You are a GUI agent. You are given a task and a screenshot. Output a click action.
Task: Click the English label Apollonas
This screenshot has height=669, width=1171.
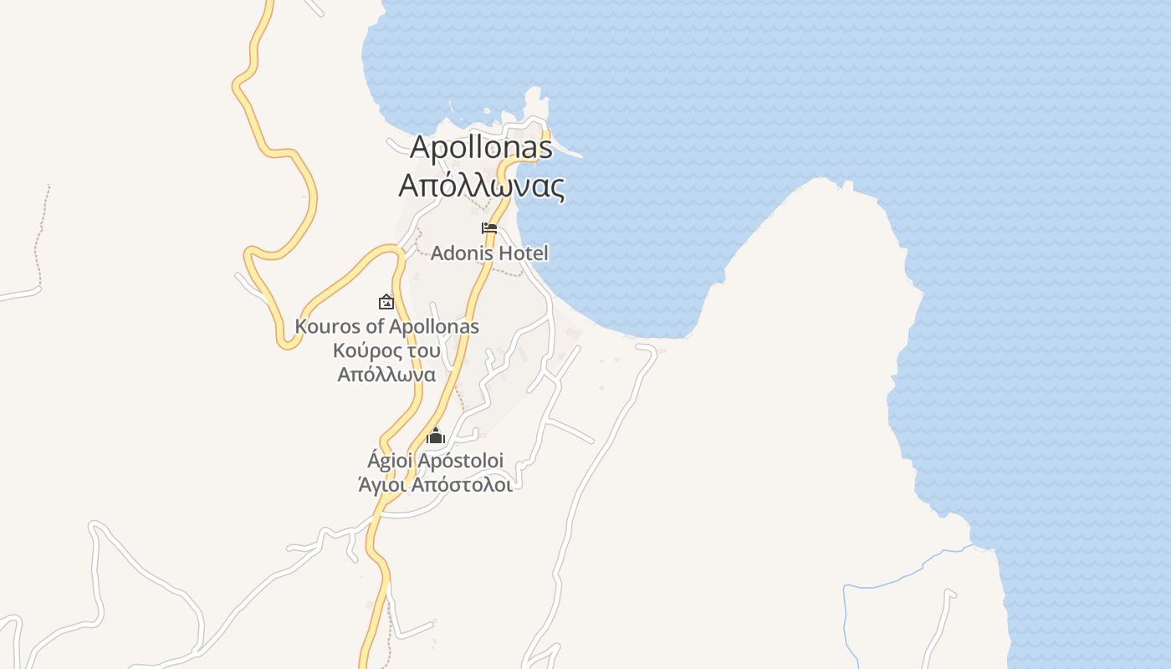click(x=481, y=147)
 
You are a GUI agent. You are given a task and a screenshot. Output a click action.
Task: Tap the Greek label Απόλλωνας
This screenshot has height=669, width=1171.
click(x=481, y=186)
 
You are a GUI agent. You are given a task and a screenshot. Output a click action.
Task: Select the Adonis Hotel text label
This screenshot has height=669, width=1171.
click(x=489, y=253)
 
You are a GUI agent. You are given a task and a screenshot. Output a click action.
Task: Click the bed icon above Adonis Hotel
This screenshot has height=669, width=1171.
click(x=489, y=228)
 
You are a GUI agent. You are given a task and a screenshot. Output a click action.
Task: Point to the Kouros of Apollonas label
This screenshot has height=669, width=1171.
click(x=386, y=326)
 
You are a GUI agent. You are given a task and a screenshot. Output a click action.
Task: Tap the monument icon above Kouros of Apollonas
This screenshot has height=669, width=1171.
click(x=386, y=302)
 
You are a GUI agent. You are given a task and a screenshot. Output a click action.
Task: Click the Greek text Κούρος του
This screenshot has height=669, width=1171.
click(x=386, y=350)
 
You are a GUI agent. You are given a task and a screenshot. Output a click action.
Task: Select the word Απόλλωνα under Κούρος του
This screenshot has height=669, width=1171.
click(x=386, y=375)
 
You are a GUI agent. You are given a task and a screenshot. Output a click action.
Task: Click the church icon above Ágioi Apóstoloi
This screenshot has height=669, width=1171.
click(x=435, y=436)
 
